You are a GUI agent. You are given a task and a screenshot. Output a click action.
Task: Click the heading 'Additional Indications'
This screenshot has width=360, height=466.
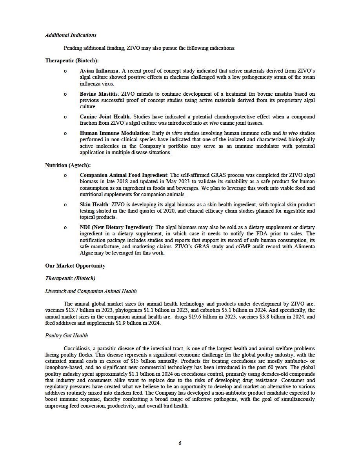pyautogui.click(x=71, y=35)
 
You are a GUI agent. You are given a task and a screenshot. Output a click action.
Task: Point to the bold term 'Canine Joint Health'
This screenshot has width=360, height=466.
pyautogui.click(x=105, y=117)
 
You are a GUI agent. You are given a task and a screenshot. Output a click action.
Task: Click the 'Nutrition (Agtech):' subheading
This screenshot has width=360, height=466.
pyautogui.click(x=68, y=166)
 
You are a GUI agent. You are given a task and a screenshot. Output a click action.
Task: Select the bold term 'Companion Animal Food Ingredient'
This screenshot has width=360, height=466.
pyautogui.click(x=124, y=175)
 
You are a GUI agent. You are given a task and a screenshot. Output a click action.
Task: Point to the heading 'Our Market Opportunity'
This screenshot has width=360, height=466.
pyautogui.click(x=75, y=266)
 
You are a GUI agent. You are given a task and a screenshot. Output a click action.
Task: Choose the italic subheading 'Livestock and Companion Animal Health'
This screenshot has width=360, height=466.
pyautogui.click(x=91, y=291)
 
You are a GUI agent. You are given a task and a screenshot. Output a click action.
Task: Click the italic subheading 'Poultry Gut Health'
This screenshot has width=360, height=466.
pyautogui.click(x=67, y=336)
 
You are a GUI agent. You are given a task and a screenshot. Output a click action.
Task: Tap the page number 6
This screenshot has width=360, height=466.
pyautogui.click(x=180, y=444)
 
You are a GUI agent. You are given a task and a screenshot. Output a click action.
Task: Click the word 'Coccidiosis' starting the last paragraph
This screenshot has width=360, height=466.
pyautogui.click(x=77, y=349)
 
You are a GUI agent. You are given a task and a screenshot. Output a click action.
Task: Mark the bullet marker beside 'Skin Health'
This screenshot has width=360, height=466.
pyautogui.click(x=65, y=205)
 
